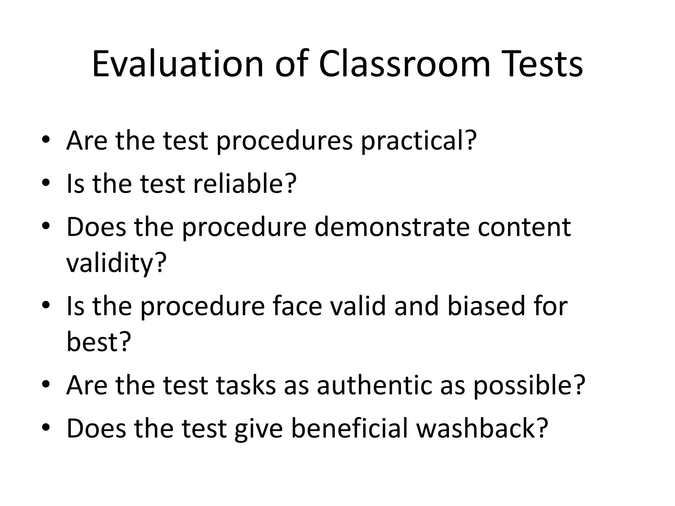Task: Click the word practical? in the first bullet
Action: (x=419, y=141)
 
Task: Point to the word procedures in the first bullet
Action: (x=284, y=141)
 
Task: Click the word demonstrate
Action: (x=392, y=227)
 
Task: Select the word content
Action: (x=524, y=227)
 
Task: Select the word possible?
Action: (x=529, y=385)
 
